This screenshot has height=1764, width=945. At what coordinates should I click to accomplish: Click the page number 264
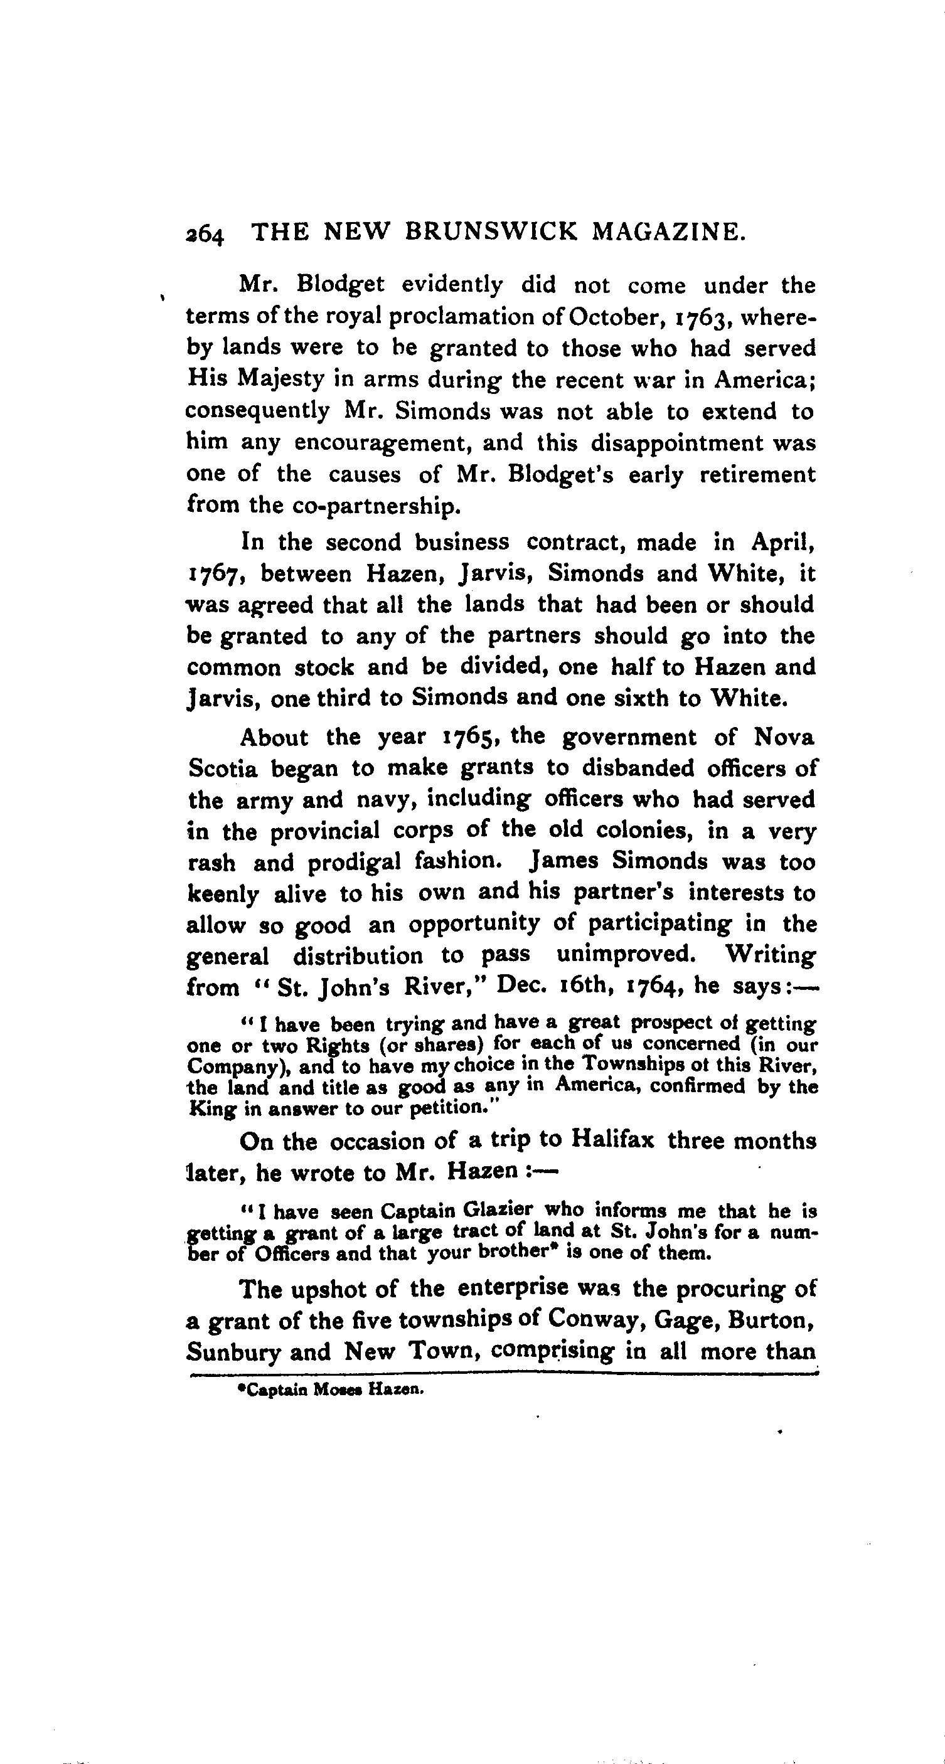[204, 234]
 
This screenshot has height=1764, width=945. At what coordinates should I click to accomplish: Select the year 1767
[217, 574]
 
